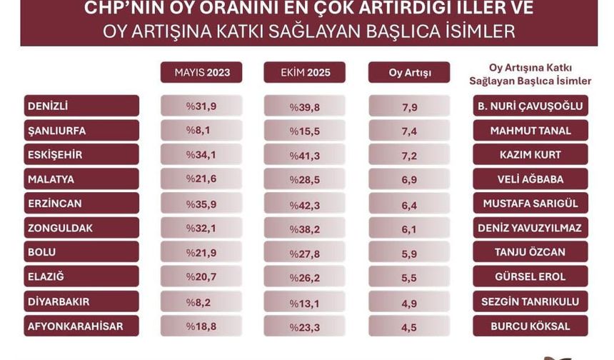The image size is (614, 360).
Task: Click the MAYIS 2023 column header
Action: (x=201, y=72)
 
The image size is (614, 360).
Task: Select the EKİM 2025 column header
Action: (x=304, y=72)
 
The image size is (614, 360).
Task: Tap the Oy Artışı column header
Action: (x=409, y=72)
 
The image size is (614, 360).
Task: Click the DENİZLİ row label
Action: (x=81, y=106)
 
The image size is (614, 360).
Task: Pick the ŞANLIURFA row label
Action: (x=81, y=131)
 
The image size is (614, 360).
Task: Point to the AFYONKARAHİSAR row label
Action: (x=81, y=326)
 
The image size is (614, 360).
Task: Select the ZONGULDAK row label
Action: (x=81, y=229)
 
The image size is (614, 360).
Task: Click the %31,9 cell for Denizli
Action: (x=201, y=106)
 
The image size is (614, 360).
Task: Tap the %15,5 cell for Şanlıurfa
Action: (x=304, y=131)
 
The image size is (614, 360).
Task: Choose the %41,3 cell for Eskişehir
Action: (x=304, y=155)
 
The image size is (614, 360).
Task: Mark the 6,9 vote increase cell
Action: (x=409, y=179)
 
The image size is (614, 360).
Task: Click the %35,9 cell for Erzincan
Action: (x=201, y=204)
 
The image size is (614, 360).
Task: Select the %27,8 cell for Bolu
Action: (x=304, y=253)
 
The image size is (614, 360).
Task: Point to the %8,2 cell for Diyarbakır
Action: (x=201, y=301)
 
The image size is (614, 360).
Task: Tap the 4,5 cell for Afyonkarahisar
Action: (x=409, y=326)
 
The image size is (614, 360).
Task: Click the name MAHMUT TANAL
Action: (x=530, y=131)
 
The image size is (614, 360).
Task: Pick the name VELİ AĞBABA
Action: (x=530, y=179)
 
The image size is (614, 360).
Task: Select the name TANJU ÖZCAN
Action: (x=530, y=253)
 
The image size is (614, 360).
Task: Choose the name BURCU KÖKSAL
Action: (x=530, y=326)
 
